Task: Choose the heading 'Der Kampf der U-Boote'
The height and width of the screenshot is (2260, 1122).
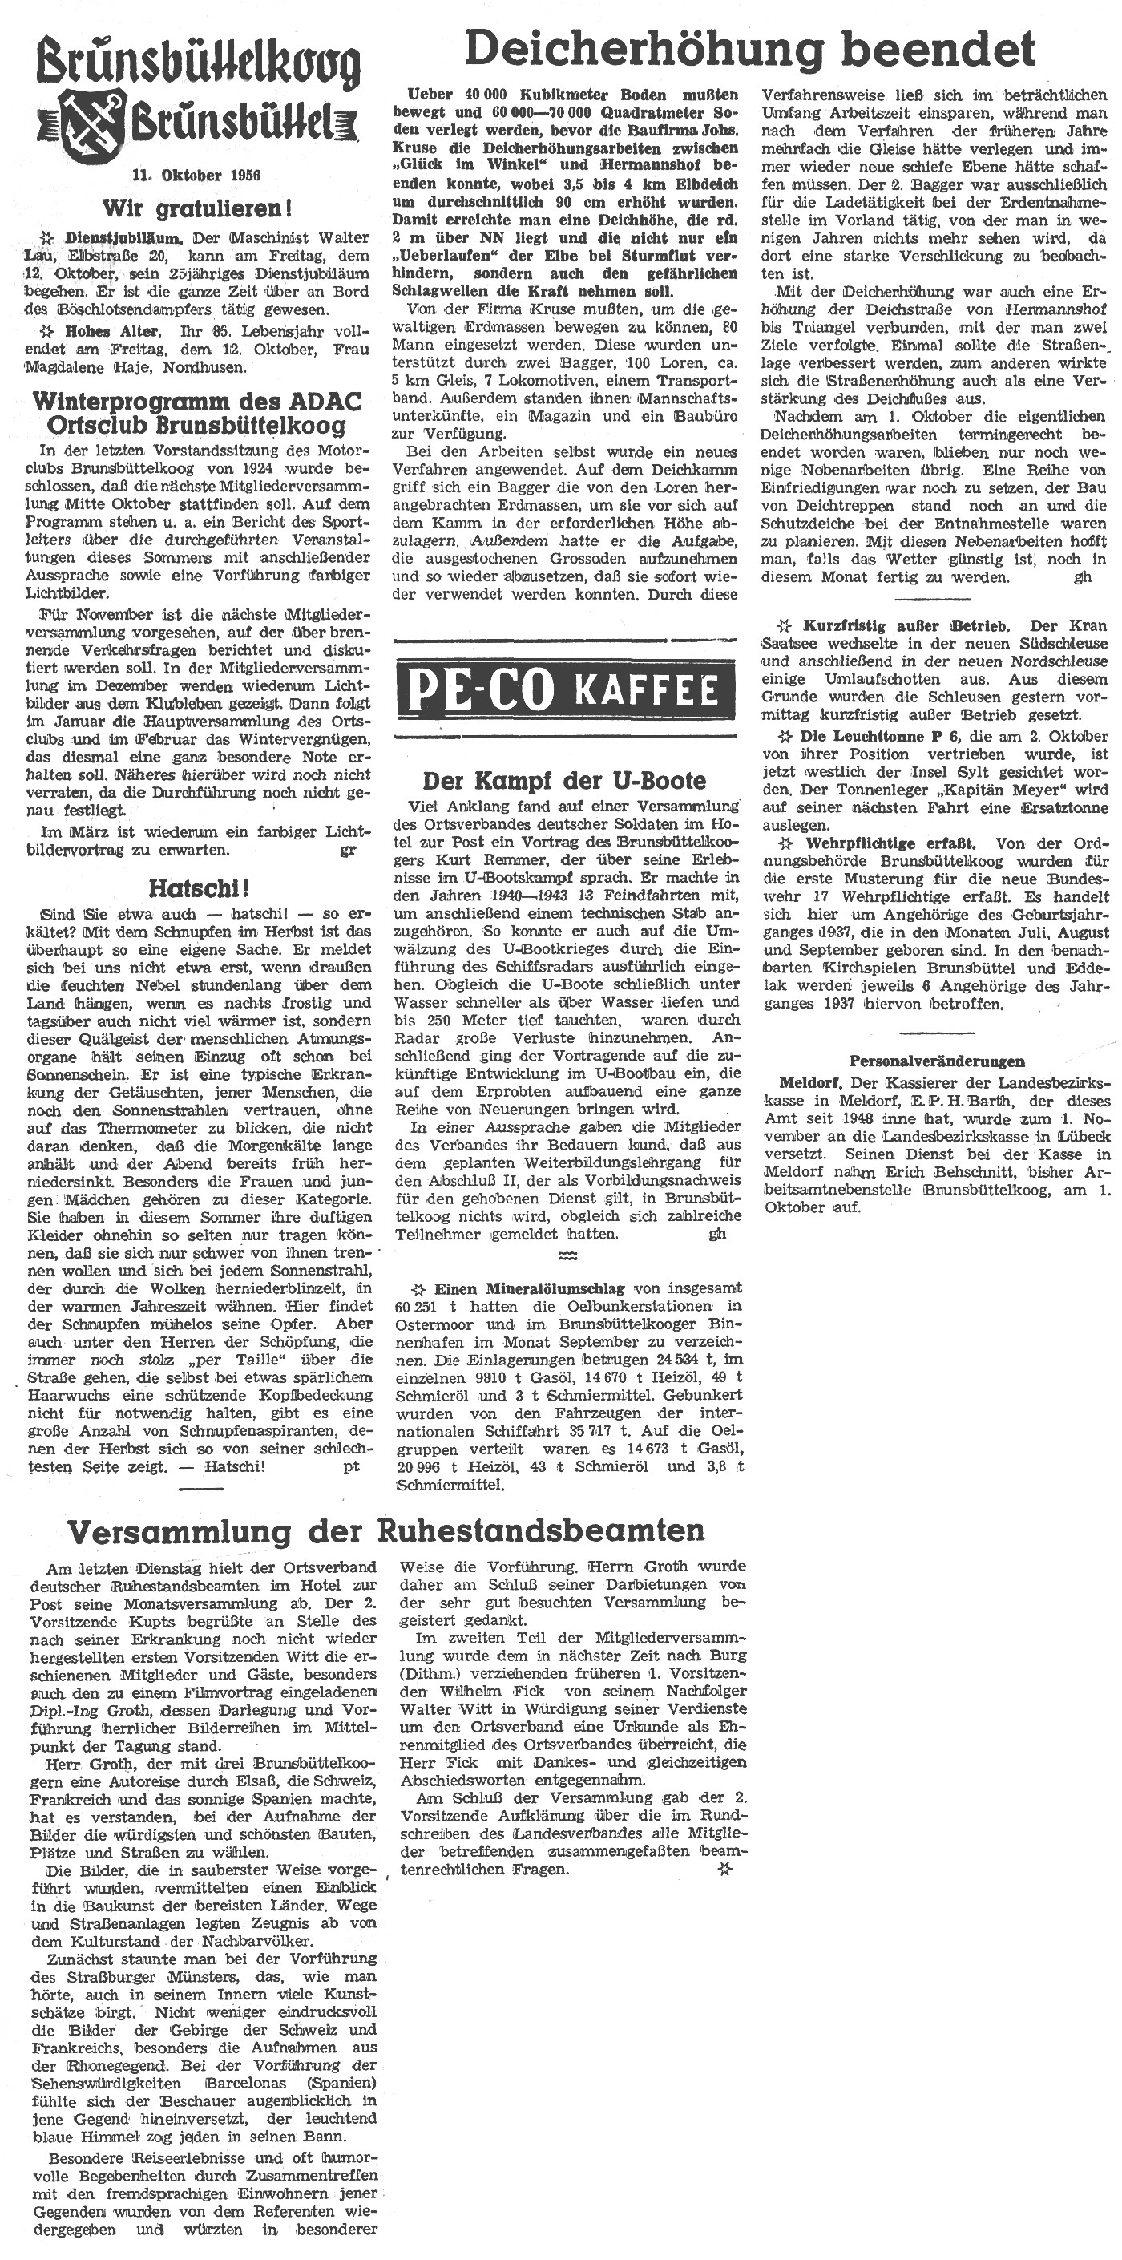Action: (x=564, y=780)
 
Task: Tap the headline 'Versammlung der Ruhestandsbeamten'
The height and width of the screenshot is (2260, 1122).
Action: (x=386, y=1531)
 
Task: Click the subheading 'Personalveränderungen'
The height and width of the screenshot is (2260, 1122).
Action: (x=937, y=1061)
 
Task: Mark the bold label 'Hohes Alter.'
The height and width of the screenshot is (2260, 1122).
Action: (x=113, y=331)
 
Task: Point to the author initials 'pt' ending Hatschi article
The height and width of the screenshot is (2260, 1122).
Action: (x=351, y=1466)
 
